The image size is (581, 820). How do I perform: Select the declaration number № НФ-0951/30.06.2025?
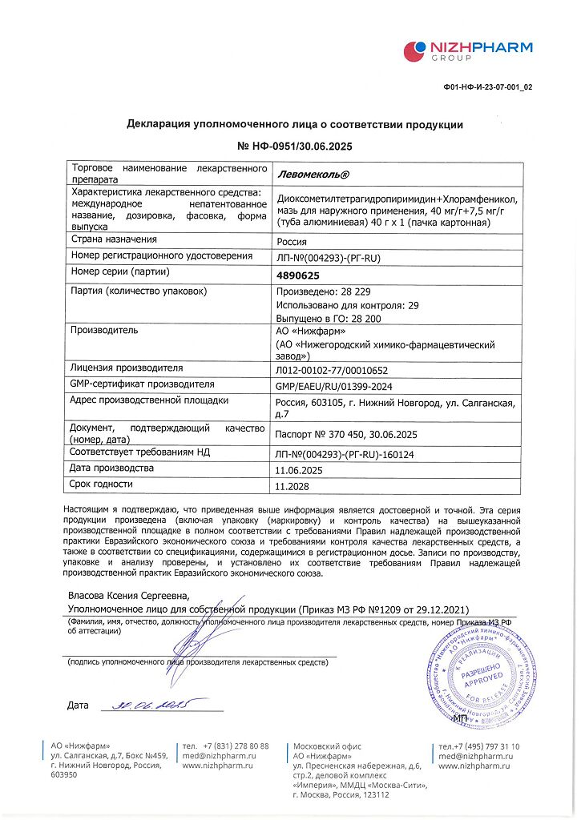pyautogui.click(x=295, y=147)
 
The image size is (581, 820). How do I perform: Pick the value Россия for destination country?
pyautogui.click(x=291, y=241)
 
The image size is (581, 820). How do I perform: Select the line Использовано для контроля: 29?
pyautogui.click(x=346, y=305)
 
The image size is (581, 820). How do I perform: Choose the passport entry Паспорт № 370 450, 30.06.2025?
pyautogui.click(x=346, y=434)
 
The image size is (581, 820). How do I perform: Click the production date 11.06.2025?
pyautogui.click(x=303, y=470)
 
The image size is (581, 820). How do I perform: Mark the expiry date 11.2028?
pyautogui.click(x=293, y=486)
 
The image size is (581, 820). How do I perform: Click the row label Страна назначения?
pyautogui.click(x=114, y=239)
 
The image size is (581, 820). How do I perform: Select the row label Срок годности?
pyautogui.click(x=102, y=484)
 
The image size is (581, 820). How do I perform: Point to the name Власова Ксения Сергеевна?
pyautogui.click(x=128, y=596)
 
